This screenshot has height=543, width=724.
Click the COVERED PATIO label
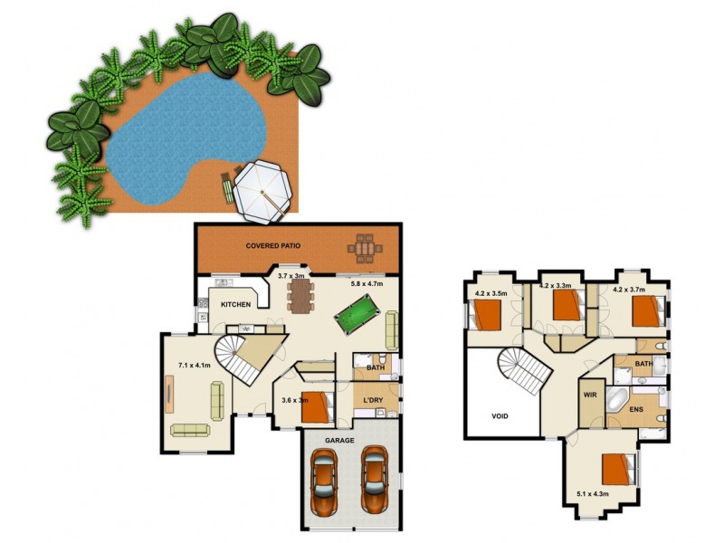[273, 245]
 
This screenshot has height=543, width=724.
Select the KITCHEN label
[236, 304]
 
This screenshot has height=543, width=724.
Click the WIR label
[590, 395]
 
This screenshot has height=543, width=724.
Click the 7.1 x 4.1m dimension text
[194, 366]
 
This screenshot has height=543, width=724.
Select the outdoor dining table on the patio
[365, 246]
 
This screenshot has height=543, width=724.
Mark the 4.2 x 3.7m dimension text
[630, 291]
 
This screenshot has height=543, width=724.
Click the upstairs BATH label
[643, 365]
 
